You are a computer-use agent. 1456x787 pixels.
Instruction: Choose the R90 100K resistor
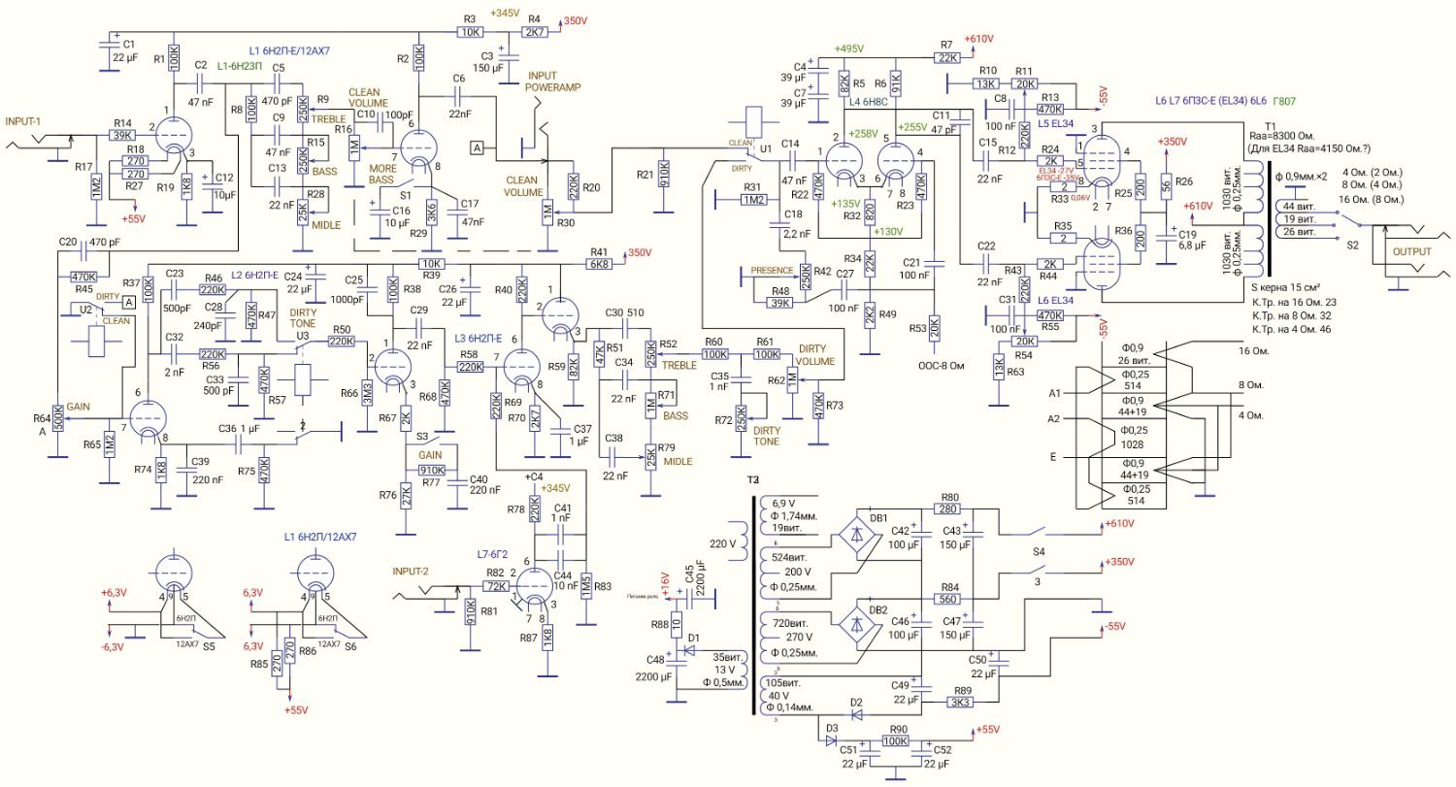click(x=894, y=740)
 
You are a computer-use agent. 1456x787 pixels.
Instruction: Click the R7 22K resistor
click(x=948, y=57)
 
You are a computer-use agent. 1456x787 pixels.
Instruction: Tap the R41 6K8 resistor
click(x=599, y=263)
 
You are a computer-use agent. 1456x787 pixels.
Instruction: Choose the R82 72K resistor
click(x=496, y=585)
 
